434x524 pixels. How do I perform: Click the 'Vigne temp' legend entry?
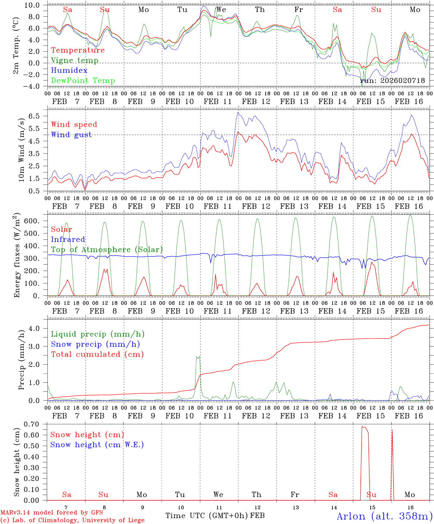[x=75, y=60]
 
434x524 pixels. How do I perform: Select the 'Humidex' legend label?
[x=69, y=71]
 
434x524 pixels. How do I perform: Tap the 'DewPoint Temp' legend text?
[x=83, y=81]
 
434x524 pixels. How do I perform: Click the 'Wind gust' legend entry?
[x=71, y=135]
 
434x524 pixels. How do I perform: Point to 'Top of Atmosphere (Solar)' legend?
[x=107, y=250]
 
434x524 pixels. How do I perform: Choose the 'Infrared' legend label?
[x=68, y=239]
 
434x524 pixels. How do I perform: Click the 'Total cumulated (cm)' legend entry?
[x=97, y=354]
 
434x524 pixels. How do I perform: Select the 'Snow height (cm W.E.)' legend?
[x=97, y=445]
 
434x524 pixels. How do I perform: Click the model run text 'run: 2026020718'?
[x=393, y=81]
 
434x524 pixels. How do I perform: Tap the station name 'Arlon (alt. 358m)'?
[x=385, y=516]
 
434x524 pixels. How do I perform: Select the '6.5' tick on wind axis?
[x=38, y=116]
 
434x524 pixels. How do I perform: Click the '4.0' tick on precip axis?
[x=38, y=329]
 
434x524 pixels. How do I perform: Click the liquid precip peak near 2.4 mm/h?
[x=197, y=357]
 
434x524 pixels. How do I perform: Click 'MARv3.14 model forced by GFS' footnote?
[x=52, y=513]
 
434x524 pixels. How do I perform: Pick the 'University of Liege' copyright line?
[x=73, y=520]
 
